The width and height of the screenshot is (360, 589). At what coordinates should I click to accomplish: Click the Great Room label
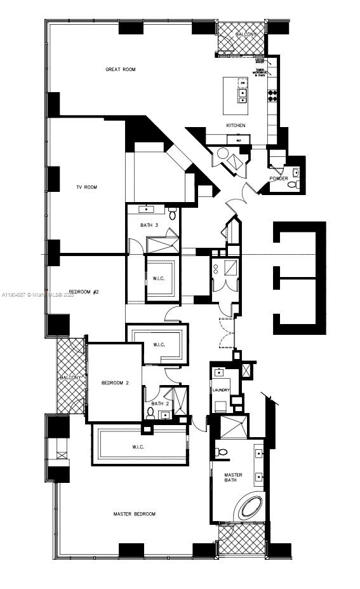[x=121, y=69]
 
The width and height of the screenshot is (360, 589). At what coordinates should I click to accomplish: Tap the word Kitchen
[x=236, y=125]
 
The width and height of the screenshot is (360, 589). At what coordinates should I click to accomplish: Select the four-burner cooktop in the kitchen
[x=272, y=96]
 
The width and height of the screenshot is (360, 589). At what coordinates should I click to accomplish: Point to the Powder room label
[x=279, y=179]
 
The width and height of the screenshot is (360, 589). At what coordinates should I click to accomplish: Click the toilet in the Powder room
[x=293, y=184]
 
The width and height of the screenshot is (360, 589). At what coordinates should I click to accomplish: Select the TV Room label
[x=86, y=187]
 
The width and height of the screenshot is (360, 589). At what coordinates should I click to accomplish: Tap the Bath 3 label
[x=150, y=225]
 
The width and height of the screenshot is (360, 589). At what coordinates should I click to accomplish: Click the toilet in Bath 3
[x=173, y=215]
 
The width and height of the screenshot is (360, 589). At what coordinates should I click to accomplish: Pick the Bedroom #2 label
[x=84, y=292]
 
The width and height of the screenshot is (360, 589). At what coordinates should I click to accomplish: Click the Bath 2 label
[x=159, y=403]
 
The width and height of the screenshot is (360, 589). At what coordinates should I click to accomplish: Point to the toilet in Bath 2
[x=150, y=413]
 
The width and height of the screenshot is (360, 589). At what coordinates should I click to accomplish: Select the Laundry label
[x=220, y=390]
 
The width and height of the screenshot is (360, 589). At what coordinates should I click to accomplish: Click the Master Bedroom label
[x=134, y=513]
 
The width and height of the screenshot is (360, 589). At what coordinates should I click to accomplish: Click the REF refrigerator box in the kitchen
[x=238, y=139]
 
